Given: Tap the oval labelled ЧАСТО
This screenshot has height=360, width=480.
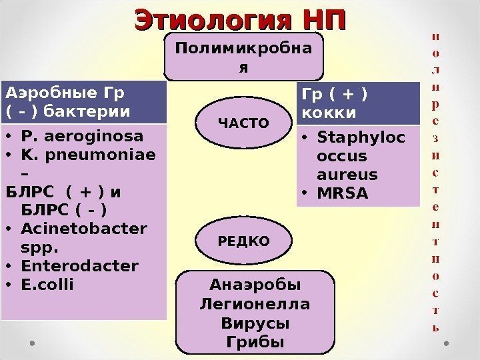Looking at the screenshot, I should point(245,123).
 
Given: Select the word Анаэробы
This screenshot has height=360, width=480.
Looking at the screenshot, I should point(255,286).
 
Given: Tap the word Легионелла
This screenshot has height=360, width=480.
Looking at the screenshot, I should point(255,305).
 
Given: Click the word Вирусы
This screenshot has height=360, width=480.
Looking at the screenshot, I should point(255,324).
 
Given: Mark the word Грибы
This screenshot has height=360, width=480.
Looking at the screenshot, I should point(255,342).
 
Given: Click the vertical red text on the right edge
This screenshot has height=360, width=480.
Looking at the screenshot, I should point(436,180).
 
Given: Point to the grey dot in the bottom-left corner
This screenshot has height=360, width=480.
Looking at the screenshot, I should point(32,344).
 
